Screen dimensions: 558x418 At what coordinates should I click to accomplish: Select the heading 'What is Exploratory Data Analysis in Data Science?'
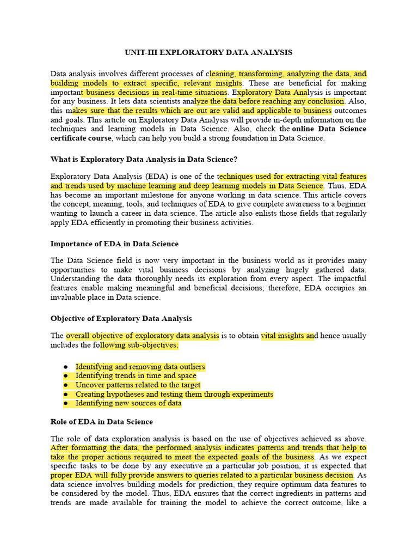[x=144, y=159]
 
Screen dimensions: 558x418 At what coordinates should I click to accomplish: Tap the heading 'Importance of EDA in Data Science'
[x=114, y=244]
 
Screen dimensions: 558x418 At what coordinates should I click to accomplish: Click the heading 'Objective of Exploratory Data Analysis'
[x=121, y=318]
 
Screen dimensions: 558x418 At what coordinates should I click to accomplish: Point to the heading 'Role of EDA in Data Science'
[x=102, y=422]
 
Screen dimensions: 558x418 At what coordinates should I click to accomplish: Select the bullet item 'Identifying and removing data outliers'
[x=140, y=367]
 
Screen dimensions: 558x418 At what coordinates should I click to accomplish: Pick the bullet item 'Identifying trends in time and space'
[x=136, y=376]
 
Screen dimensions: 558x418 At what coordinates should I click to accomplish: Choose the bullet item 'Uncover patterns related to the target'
[x=138, y=385]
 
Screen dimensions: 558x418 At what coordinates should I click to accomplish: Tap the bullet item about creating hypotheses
[x=174, y=394]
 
